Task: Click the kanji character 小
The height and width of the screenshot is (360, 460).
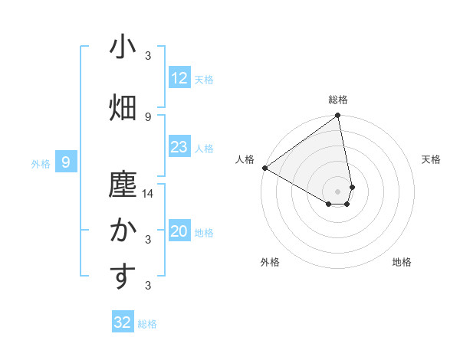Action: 123,47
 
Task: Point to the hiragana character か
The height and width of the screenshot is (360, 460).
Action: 123,231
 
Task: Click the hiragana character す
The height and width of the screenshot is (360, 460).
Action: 123,277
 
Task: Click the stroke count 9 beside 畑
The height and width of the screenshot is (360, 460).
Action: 148,116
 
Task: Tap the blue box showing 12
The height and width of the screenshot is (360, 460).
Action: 179,78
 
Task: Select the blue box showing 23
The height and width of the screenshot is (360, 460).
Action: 179,147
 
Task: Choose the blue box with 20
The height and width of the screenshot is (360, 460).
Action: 179,232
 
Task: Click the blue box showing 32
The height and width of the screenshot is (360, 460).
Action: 123,322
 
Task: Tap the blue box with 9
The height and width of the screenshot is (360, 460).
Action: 66,162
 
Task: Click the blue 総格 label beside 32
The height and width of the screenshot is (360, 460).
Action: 147,324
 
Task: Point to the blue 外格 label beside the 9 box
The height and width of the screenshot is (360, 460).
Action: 41,163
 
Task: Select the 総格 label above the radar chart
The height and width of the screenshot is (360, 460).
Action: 338,100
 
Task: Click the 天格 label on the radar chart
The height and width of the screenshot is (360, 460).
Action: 432,159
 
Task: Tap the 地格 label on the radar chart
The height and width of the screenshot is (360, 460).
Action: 402,262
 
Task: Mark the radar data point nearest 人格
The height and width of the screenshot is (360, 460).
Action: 264,168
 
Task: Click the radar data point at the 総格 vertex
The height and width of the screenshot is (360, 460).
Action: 338,116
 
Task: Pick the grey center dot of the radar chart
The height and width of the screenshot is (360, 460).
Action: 338,191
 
